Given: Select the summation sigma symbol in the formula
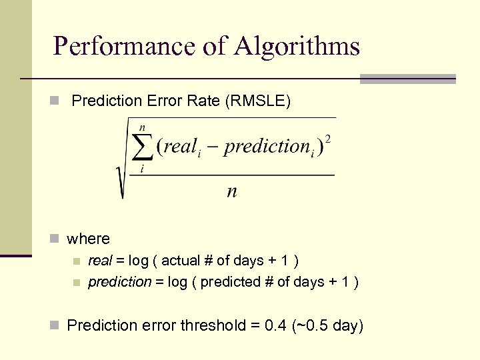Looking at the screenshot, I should pos(142,148).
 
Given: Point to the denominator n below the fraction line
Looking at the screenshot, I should pos(232,191).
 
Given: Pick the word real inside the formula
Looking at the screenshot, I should pos(179,147).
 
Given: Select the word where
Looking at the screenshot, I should pos(89,238).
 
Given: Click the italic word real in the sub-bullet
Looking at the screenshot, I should pos(101,261).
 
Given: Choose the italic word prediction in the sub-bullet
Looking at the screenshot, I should pos(120,282).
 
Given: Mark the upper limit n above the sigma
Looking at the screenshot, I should pos(142,127).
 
